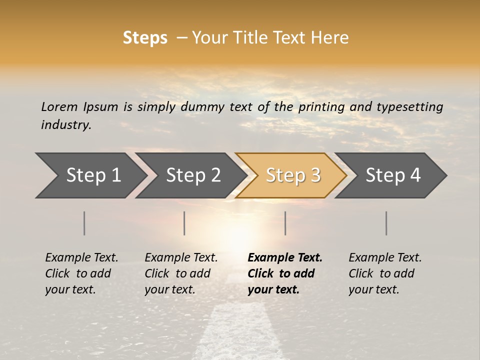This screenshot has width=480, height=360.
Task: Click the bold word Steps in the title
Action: pyautogui.click(x=145, y=38)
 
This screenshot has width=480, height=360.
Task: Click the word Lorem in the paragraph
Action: pyautogui.click(x=59, y=107)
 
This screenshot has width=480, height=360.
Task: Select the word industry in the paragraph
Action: pyautogui.click(x=66, y=125)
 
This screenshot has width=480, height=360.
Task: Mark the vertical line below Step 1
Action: pyautogui.click(x=84, y=223)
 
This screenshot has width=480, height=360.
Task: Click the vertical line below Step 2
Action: pyautogui.click(x=184, y=223)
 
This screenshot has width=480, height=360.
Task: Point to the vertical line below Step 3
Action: pyautogui.click(x=285, y=223)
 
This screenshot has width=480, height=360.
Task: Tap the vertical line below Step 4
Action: pyautogui.click(x=386, y=223)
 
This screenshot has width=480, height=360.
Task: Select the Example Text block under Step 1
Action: pyautogui.click(x=81, y=273)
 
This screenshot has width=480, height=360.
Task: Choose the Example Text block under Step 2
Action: pyautogui.click(x=180, y=273)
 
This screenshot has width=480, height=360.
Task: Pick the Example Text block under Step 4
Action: pyautogui.click(x=384, y=273)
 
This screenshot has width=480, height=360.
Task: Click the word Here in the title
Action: pyautogui.click(x=333, y=38)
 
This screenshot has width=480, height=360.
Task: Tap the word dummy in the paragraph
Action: pyautogui.click(x=201, y=107)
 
